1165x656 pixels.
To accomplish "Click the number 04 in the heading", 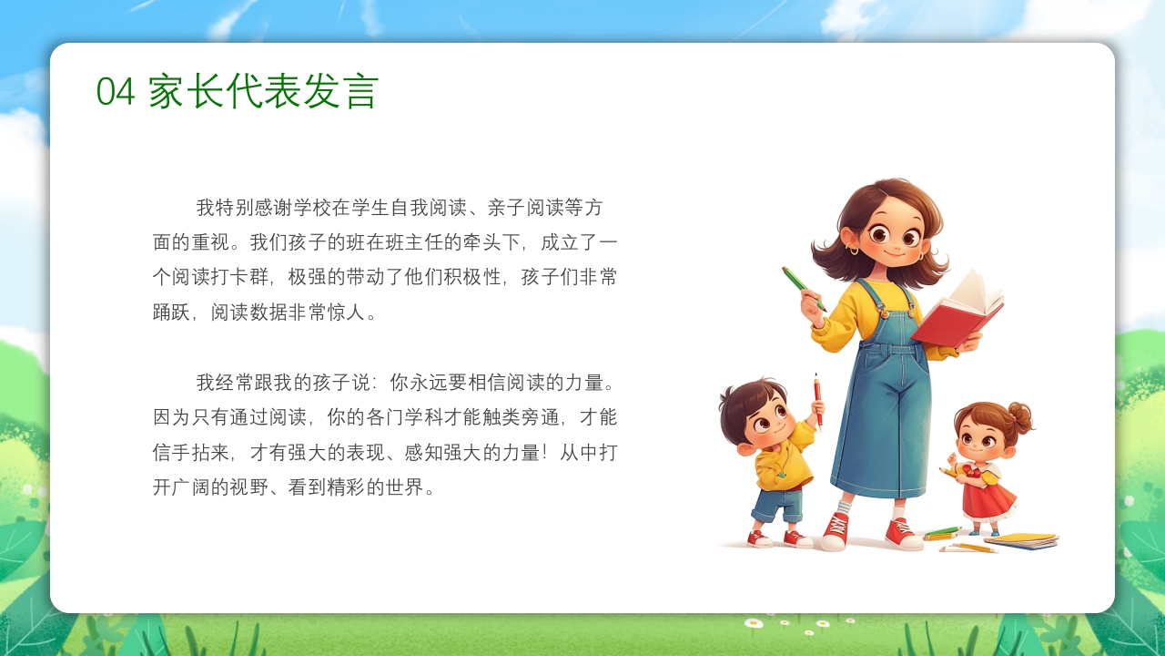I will (116, 92).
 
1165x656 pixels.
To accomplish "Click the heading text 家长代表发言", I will (263, 92).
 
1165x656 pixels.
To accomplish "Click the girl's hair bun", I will (1020, 417).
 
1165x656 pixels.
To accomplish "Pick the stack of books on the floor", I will (1021, 540).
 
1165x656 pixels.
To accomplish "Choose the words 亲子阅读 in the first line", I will (526, 208).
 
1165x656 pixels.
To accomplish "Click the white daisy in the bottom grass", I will (753, 624).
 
